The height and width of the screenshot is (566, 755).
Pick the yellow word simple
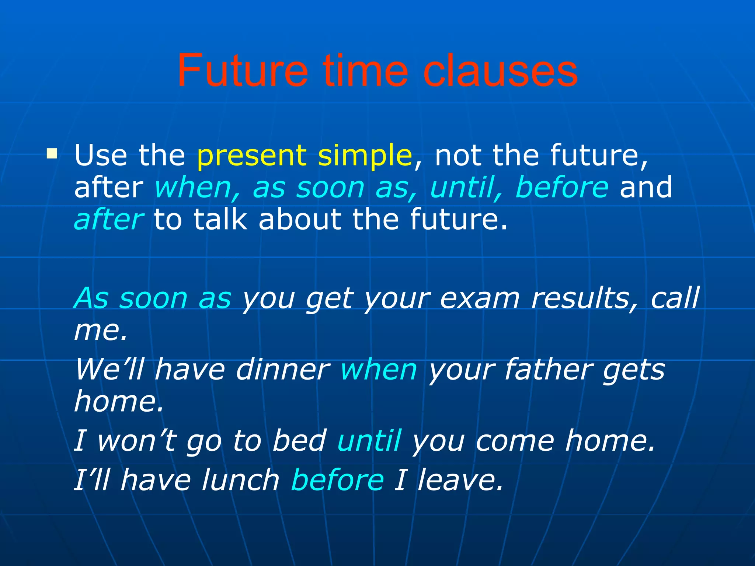(365, 156)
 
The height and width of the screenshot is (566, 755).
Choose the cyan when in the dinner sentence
(379, 369)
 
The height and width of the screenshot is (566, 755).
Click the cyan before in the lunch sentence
(337, 480)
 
